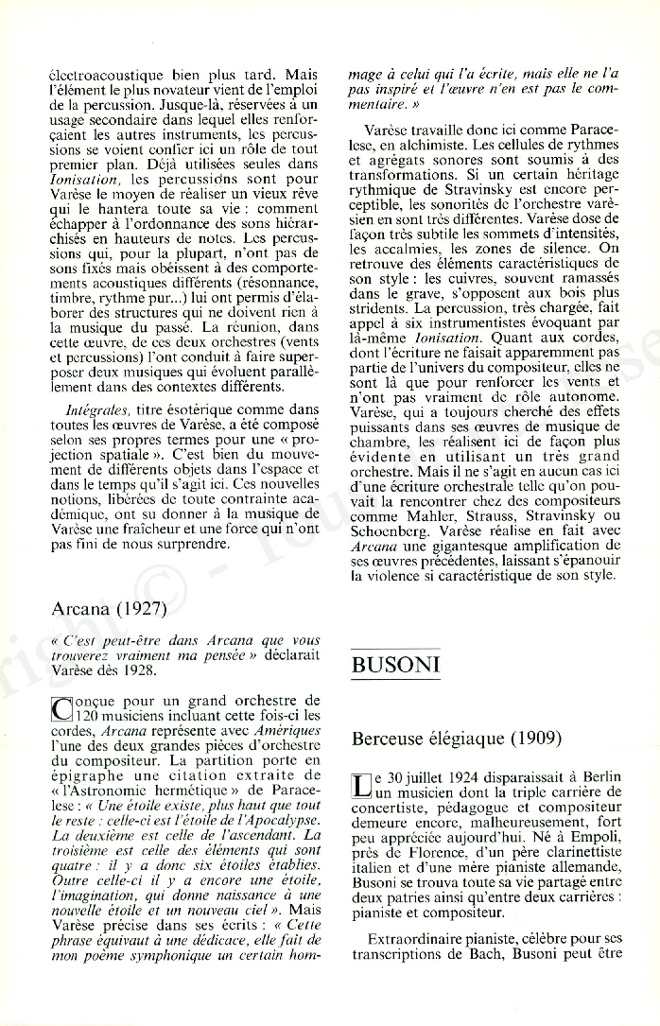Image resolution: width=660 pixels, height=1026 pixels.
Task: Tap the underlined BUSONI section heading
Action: (395, 666)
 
